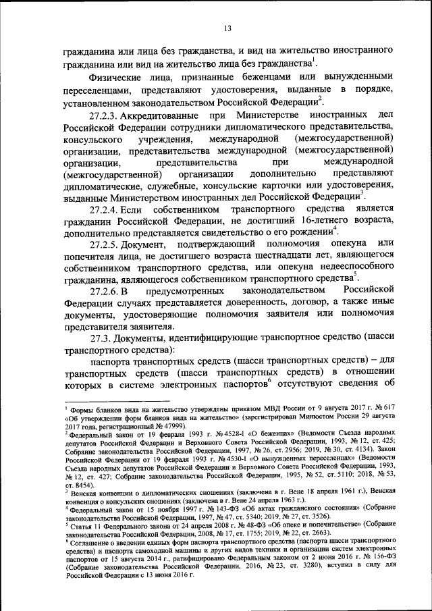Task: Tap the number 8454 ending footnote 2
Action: [x=87, y=485]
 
